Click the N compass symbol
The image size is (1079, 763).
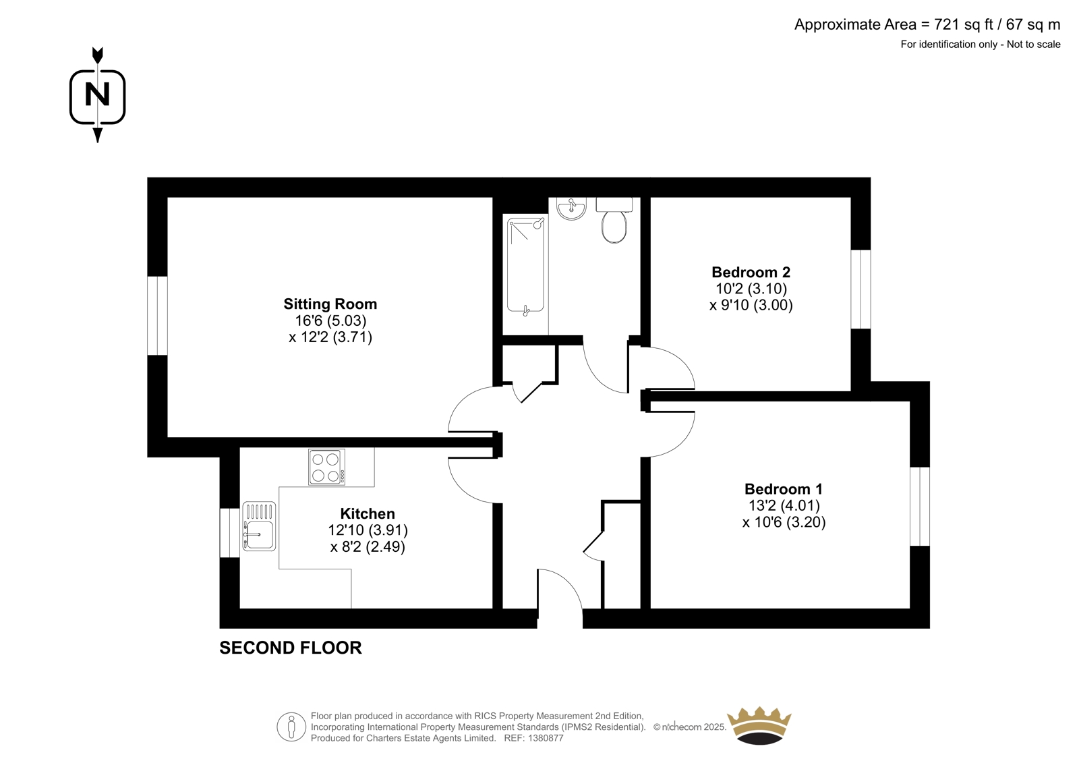97,95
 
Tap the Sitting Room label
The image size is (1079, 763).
330,304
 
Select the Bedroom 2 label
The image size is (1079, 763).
751,273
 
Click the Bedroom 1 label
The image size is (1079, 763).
784,489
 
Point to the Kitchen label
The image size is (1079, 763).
368,514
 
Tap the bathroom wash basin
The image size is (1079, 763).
572,208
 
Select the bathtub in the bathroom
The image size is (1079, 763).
525,266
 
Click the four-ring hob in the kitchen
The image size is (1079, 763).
326,467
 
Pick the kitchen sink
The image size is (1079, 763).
259,526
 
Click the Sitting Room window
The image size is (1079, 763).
158,316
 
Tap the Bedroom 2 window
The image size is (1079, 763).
861,289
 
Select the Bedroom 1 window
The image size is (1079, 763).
920,506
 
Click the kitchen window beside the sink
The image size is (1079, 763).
230,532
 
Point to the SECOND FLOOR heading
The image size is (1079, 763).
291,648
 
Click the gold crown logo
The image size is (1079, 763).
759,725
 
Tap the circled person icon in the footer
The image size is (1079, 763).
291,727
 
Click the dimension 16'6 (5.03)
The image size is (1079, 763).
330,320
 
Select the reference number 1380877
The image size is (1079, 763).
545,738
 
